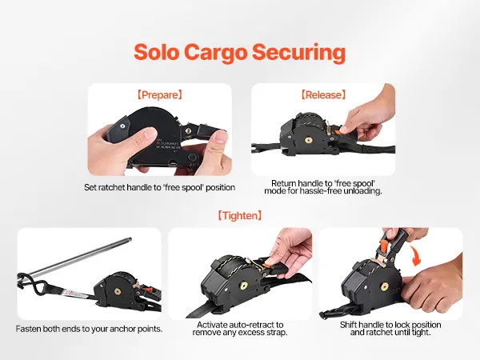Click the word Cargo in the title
pyautogui.click(x=215, y=53)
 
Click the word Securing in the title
pyautogui.click(x=298, y=53)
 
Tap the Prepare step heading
pyautogui.click(x=159, y=95)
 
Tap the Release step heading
pyautogui.click(x=323, y=95)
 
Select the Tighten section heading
pyautogui.click(x=240, y=215)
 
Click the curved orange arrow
pyautogui.click(x=416, y=255)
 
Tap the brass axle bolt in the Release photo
pyautogui.click(x=309, y=140)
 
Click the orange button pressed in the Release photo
pyautogui.click(x=338, y=132)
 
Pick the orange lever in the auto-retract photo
pyautogui.click(x=270, y=262)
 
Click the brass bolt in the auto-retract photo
pyautogui.click(x=244, y=286)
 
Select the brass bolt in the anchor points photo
pyautogui.click(x=117, y=291)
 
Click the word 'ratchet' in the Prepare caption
pyautogui.click(x=111, y=187)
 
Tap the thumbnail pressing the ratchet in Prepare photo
pyautogui.click(x=220, y=136)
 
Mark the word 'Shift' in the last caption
pyautogui.click(x=348, y=325)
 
